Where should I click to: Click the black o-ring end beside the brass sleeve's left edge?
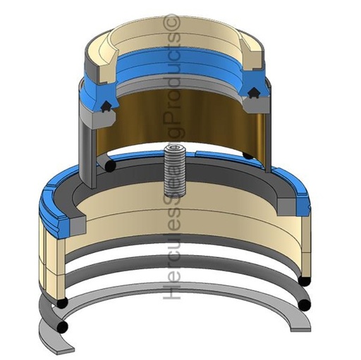110,166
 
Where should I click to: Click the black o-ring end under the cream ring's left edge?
62,302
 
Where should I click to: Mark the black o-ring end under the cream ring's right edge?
304,280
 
